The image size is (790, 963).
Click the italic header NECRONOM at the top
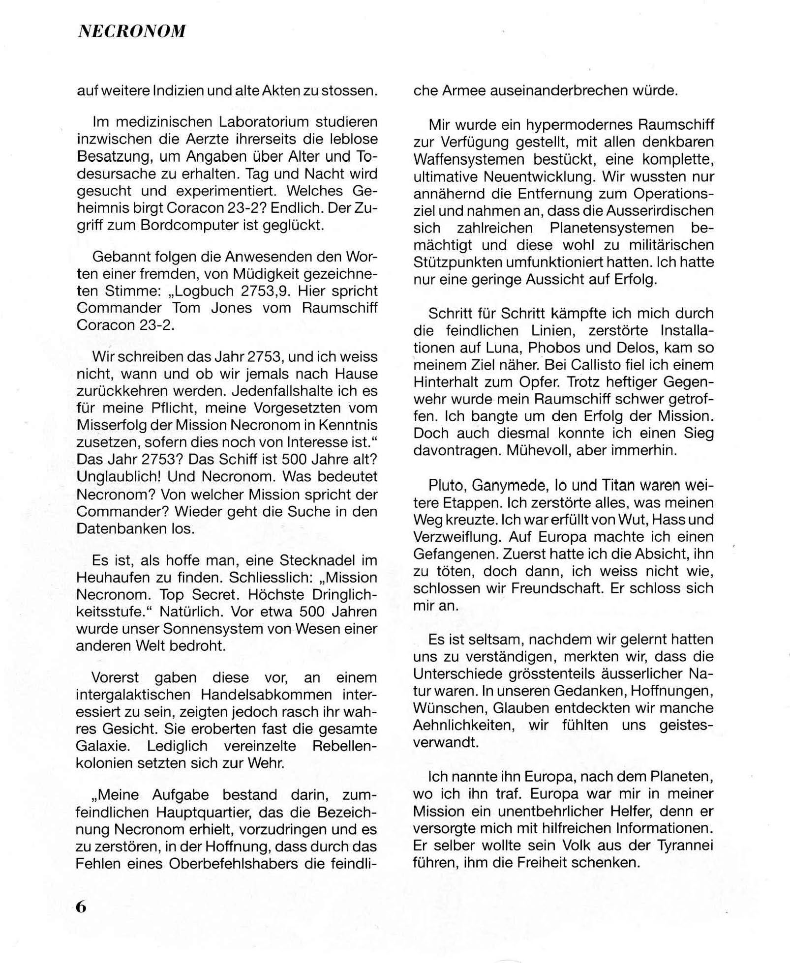coord(132,31)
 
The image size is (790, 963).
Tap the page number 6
coord(82,907)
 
